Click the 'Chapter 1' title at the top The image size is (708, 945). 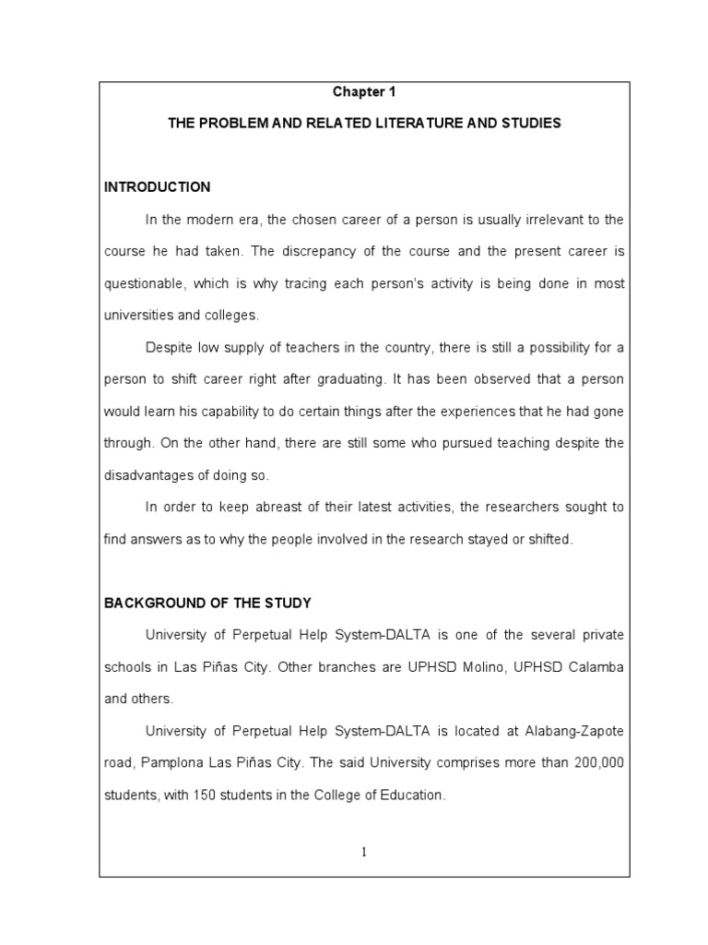365,92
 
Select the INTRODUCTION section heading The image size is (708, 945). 157,187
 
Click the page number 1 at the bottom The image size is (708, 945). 364,852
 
